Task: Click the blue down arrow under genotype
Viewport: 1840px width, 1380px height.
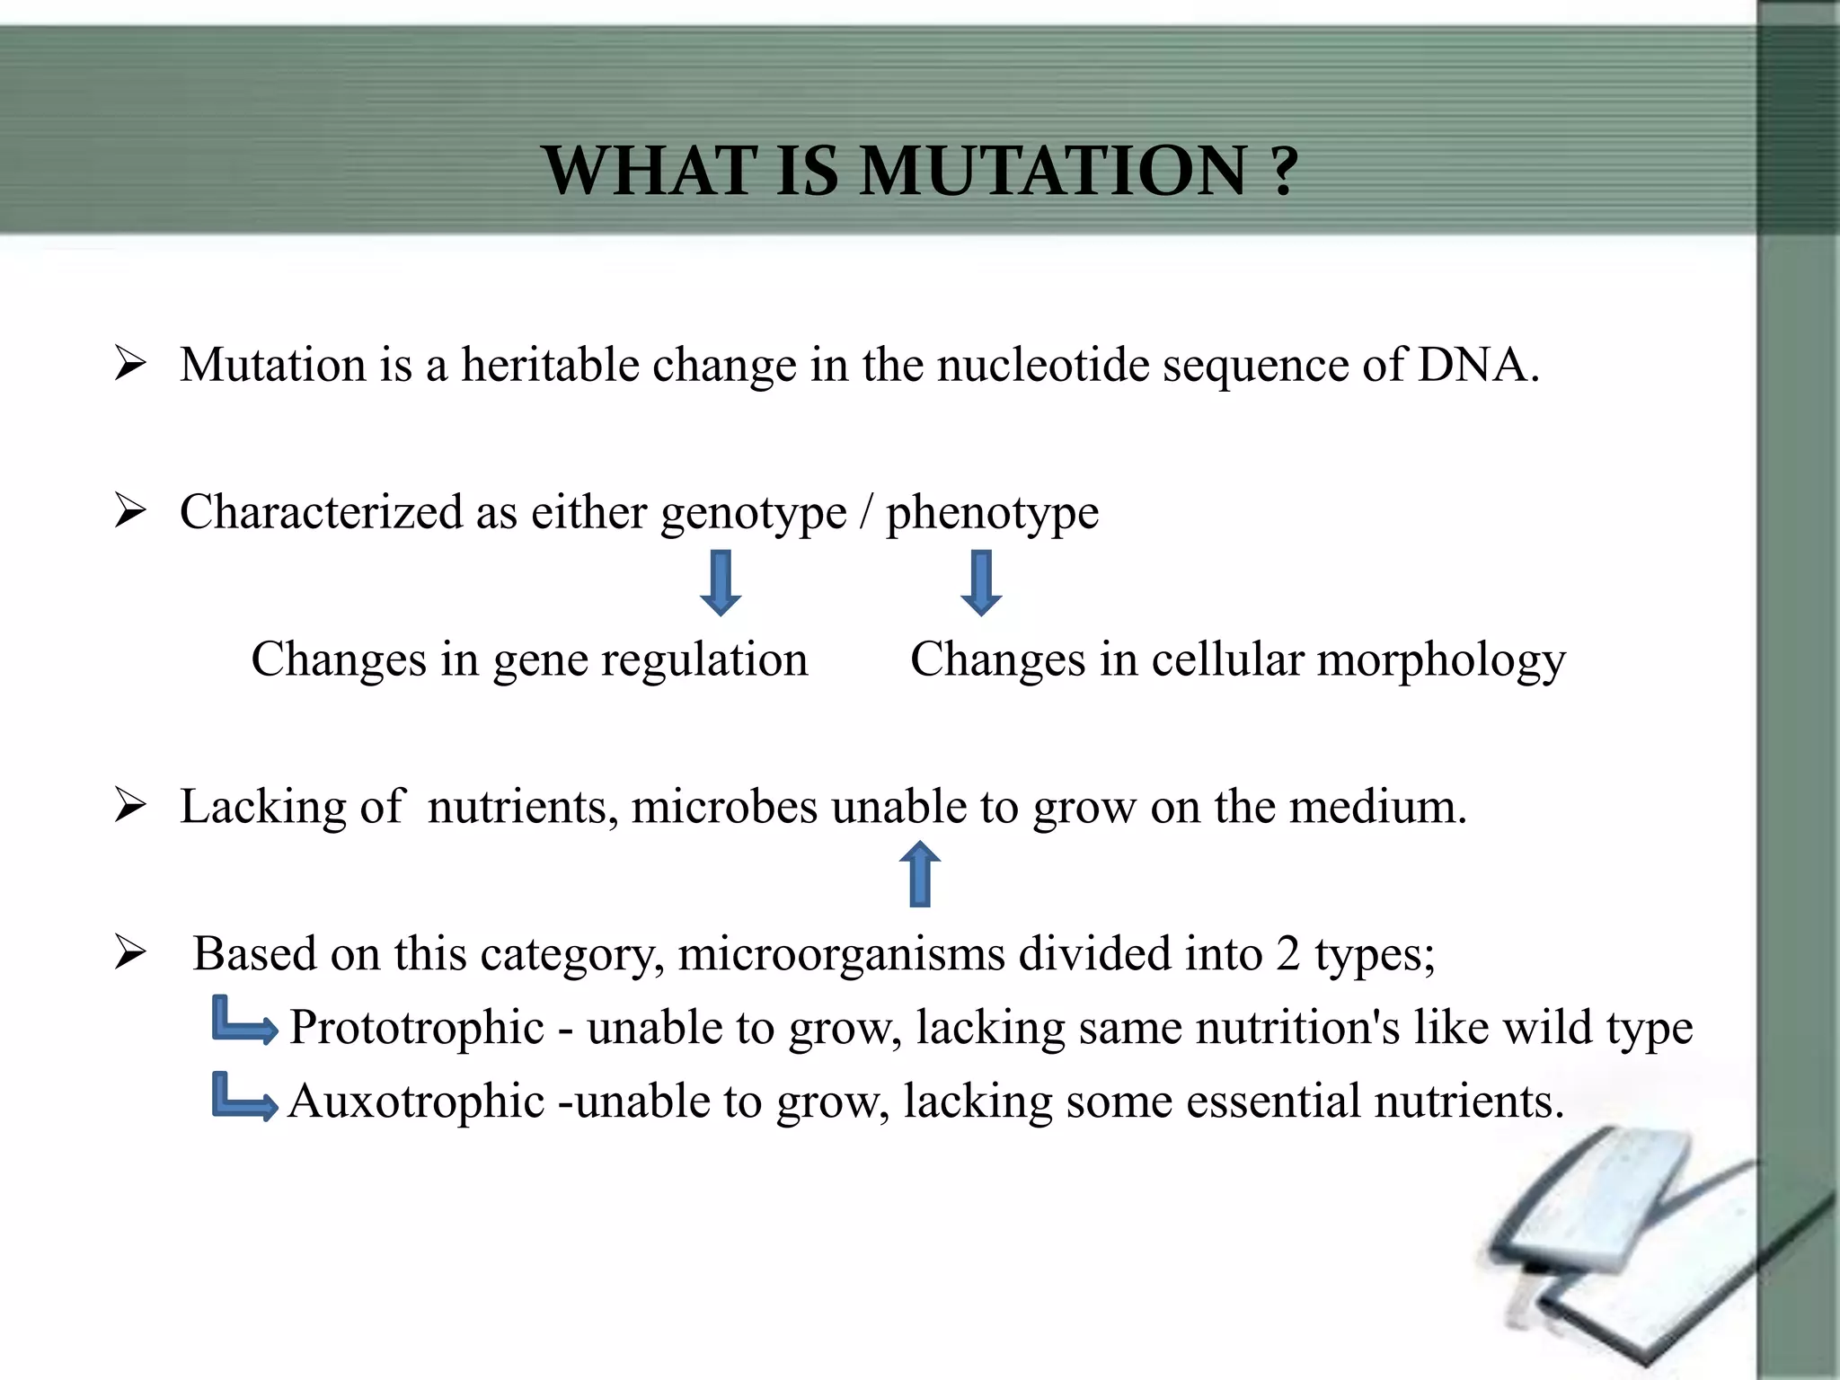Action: [721, 584]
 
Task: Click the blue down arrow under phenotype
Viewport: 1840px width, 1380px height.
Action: [981, 584]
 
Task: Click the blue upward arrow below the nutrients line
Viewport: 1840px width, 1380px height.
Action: [920, 874]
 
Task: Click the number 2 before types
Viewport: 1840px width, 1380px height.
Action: [1287, 954]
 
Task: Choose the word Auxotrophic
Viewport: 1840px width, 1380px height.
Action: [416, 1101]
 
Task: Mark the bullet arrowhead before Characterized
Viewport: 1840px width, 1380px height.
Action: [130, 512]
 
